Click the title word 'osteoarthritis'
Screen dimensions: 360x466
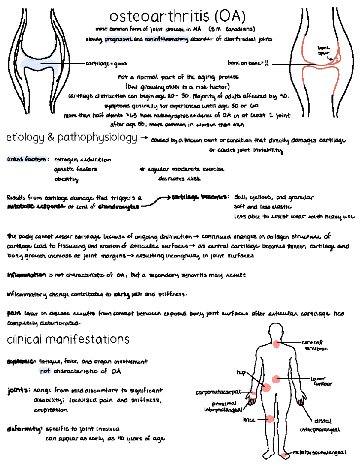[x=159, y=17]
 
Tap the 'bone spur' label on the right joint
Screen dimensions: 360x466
[x=323, y=50]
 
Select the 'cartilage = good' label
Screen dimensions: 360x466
[x=106, y=64]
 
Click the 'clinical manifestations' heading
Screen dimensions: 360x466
[x=68, y=339]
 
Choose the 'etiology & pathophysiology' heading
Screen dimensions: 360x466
[x=72, y=137]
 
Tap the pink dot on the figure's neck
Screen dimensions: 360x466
[x=276, y=344]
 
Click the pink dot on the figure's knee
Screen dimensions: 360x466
[x=270, y=419]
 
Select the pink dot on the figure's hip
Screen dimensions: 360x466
[x=266, y=388]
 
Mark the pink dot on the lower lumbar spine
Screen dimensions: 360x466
[x=276, y=379]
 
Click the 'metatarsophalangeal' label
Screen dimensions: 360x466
[x=319, y=452]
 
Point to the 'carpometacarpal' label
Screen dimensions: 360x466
[x=218, y=392]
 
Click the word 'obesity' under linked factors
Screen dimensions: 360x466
[x=66, y=179]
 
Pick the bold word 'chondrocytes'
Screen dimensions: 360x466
[x=119, y=206]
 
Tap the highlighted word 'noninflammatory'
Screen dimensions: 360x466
[x=166, y=39]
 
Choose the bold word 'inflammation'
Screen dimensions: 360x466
[x=27, y=275]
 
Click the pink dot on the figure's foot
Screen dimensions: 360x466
[x=284, y=455]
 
